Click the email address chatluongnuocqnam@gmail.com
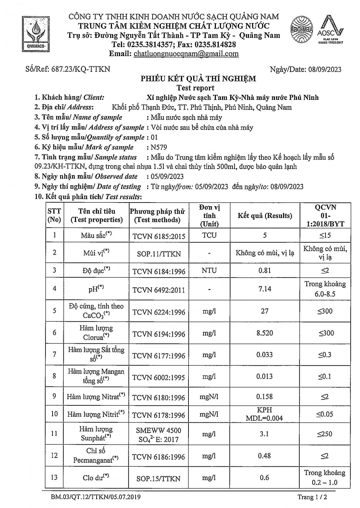click(x=186, y=54)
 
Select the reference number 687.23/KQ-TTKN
click(x=81, y=69)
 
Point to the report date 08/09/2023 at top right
click(x=325, y=70)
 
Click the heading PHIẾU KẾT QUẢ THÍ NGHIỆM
click(x=198, y=79)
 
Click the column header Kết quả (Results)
click(x=264, y=216)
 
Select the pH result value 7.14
click(x=264, y=289)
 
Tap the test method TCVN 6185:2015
click(x=159, y=236)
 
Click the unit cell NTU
click(x=209, y=271)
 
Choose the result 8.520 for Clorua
click(x=264, y=333)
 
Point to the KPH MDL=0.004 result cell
click(x=264, y=414)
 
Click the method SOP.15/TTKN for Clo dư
click(x=158, y=479)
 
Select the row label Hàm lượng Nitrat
click(x=96, y=397)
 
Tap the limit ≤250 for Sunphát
click(x=324, y=434)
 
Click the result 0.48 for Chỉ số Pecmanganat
click(x=264, y=456)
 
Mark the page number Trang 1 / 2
click(x=312, y=497)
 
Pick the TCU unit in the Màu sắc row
click(x=209, y=235)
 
